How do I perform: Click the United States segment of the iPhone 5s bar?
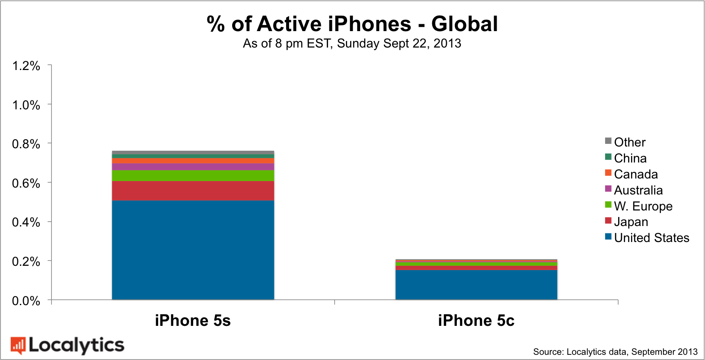tap(193, 250)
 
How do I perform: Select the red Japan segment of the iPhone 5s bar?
tap(193, 191)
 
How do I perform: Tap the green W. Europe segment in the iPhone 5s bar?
tap(193, 175)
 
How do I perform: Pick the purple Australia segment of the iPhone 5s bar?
tap(193, 166)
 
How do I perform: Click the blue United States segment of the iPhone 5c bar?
tap(476, 285)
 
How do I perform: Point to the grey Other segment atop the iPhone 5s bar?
tap(193, 153)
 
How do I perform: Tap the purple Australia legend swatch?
tap(608, 189)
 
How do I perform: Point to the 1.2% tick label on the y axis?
tap(26, 66)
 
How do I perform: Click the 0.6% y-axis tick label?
tap(26, 183)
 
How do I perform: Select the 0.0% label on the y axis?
tap(26, 301)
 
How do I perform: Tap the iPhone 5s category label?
tap(193, 321)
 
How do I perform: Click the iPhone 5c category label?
tap(476, 321)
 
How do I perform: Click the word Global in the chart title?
tap(464, 24)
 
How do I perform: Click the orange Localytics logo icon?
tap(18, 345)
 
